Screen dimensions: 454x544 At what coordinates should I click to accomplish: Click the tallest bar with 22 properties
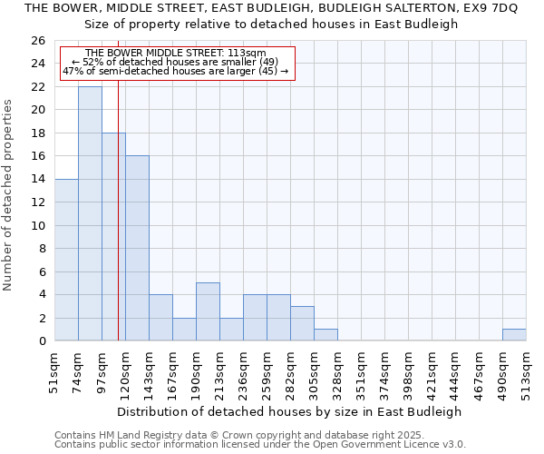[90, 213]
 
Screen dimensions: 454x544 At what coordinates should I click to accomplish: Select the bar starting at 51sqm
[66, 260]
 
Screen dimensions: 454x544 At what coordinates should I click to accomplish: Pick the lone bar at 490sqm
[514, 334]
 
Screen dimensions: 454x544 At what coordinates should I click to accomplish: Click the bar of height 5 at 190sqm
[208, 311]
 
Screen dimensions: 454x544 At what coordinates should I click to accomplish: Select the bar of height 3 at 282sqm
[302, 323]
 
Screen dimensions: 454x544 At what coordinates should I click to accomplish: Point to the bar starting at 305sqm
[325, 334]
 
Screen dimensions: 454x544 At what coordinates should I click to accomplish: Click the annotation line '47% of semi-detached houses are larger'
[175, 71]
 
